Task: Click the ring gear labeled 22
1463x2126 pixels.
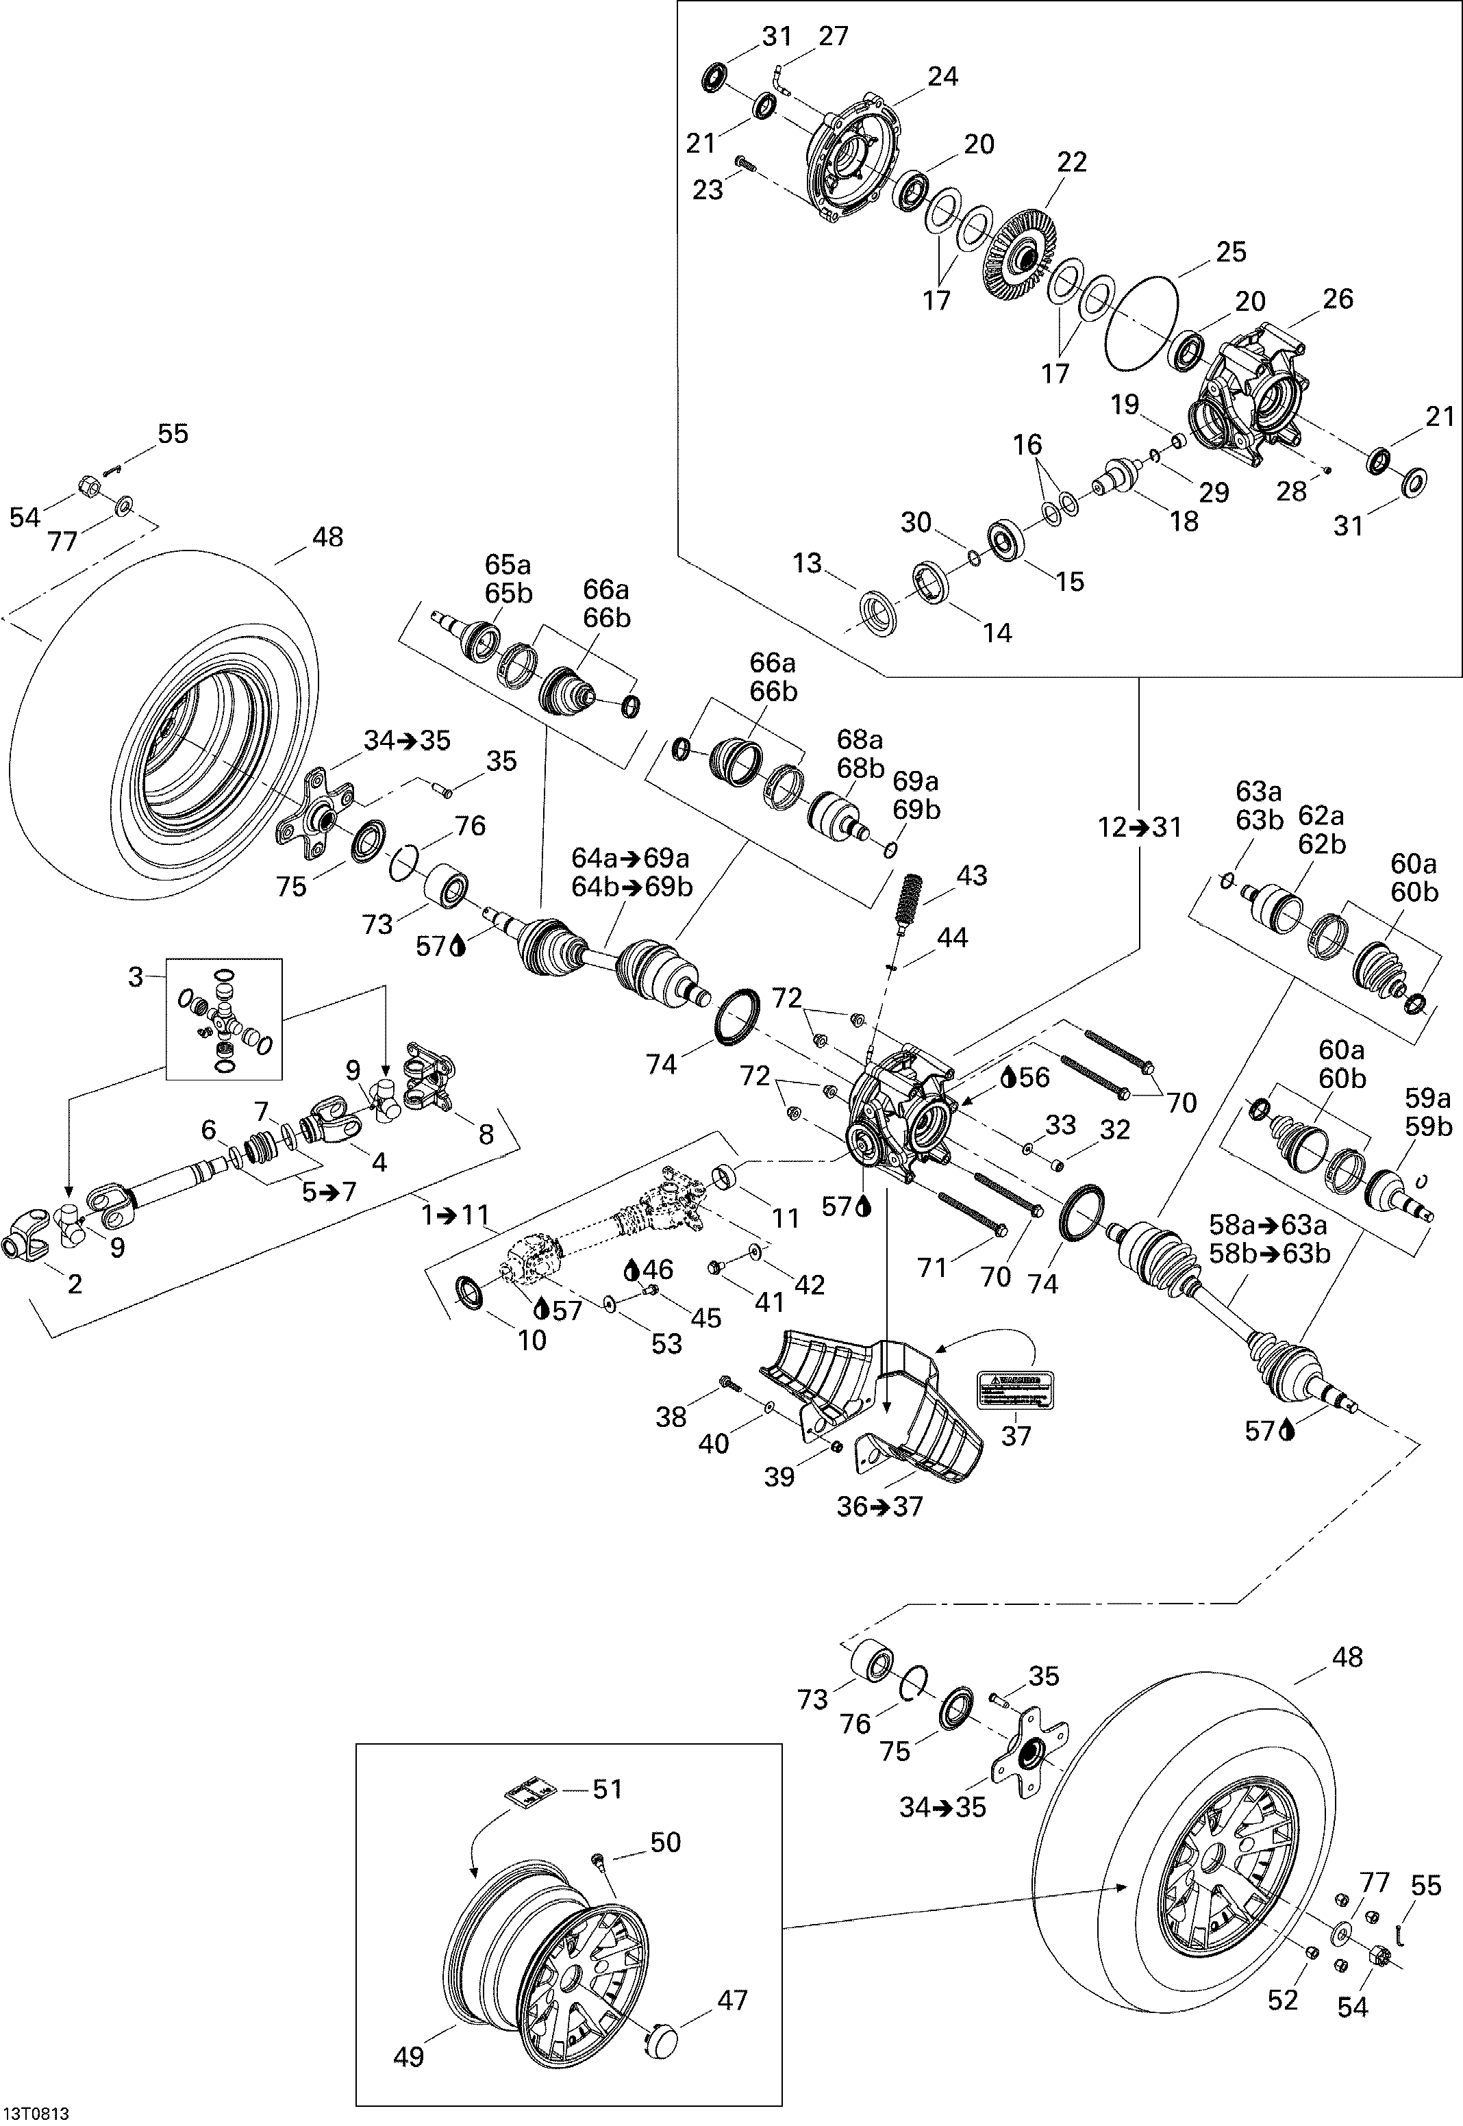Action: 1019,252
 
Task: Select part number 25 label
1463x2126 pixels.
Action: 1231,252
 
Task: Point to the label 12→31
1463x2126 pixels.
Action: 1140,828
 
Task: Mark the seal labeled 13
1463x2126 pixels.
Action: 877,609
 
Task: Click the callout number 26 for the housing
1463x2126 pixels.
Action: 1338,299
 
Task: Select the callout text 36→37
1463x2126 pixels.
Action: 880,1506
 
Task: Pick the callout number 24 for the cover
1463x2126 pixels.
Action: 942,76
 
